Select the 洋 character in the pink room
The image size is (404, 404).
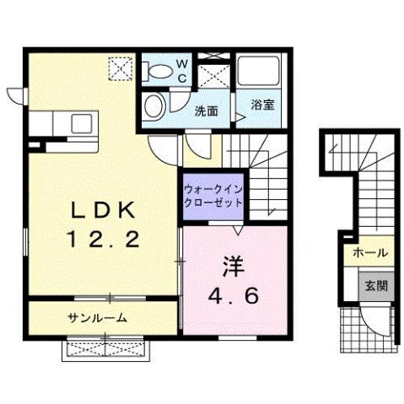pyautogui.click(x=233, y=265)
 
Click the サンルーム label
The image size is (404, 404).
pyautogui.click(x=98, y=318)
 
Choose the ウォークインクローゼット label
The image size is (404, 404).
pyautogui.click(x=213, y=196)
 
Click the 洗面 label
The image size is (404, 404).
pyautogui.click(x=206, y=110)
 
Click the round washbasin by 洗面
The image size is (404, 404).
pyautogui.click(x=154, y=105)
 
